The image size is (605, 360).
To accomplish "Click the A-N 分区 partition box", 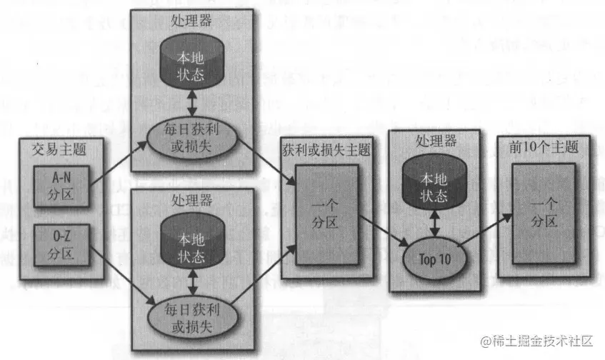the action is (x=61, y=186).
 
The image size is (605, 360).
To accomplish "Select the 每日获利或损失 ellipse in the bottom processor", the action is (x=191, y=316).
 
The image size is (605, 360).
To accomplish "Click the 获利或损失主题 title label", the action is (x=326, y=151).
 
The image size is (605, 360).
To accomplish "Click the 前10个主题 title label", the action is (x=542, y=147).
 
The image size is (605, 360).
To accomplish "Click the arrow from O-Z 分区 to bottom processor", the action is (x=118, y=275).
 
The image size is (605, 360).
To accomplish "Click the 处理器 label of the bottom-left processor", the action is (x=191, y=199).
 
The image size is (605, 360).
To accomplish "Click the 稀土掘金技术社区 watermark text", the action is (x=544, y=342).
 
